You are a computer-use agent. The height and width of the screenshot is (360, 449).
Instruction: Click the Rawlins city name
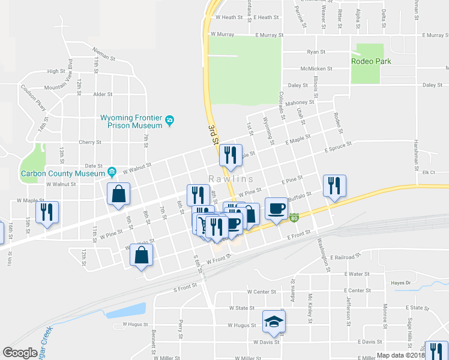point(231,179)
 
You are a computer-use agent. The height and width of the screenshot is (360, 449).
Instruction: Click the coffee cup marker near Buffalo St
point(276,208)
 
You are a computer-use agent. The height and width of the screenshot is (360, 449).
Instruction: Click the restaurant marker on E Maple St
point(231,155)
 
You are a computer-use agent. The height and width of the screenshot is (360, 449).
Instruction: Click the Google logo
point(20,353)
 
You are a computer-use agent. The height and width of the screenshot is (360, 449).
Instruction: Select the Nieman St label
point(103,55)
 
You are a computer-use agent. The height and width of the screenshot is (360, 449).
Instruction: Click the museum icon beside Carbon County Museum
point(112,173)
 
